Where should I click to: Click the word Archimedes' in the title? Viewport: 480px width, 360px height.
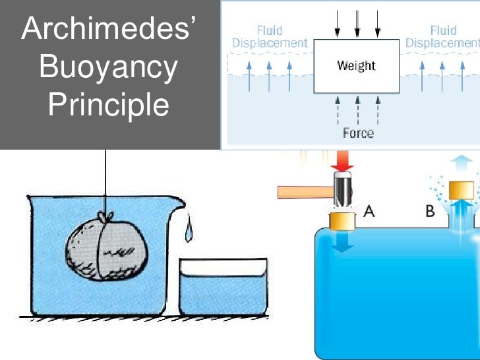tap(108, 28)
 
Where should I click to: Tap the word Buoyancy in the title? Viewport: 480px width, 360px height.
tap(108, 68)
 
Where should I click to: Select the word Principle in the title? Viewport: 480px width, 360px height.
tap(108, 104)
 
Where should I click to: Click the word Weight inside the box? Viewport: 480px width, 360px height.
tap(356, 66)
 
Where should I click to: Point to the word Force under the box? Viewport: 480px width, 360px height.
tap(358, 133)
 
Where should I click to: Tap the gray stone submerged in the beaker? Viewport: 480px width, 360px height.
tap(107, 249)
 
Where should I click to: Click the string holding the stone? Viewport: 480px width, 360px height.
tap(105, 181)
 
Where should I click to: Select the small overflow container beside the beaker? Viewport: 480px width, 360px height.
tap(223, 287)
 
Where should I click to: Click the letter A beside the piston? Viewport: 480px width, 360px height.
tap(369, 211)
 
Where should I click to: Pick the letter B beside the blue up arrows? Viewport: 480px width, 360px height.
tap(430, 211)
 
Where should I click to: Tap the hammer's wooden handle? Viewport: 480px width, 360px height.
tap(305, 193)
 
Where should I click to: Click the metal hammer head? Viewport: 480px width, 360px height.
tap(343, 189)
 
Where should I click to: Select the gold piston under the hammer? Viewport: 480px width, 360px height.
tap(342, 222)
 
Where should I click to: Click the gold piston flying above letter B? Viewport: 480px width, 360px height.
tap(462, 191)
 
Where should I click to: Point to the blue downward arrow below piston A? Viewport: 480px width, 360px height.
tap(342, 242)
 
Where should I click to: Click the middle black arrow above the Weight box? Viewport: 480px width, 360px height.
tap(357, 24)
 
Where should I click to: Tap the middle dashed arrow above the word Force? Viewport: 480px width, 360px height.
tap(358, 111)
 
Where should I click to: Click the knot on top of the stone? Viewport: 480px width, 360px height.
tap(105, 217)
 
